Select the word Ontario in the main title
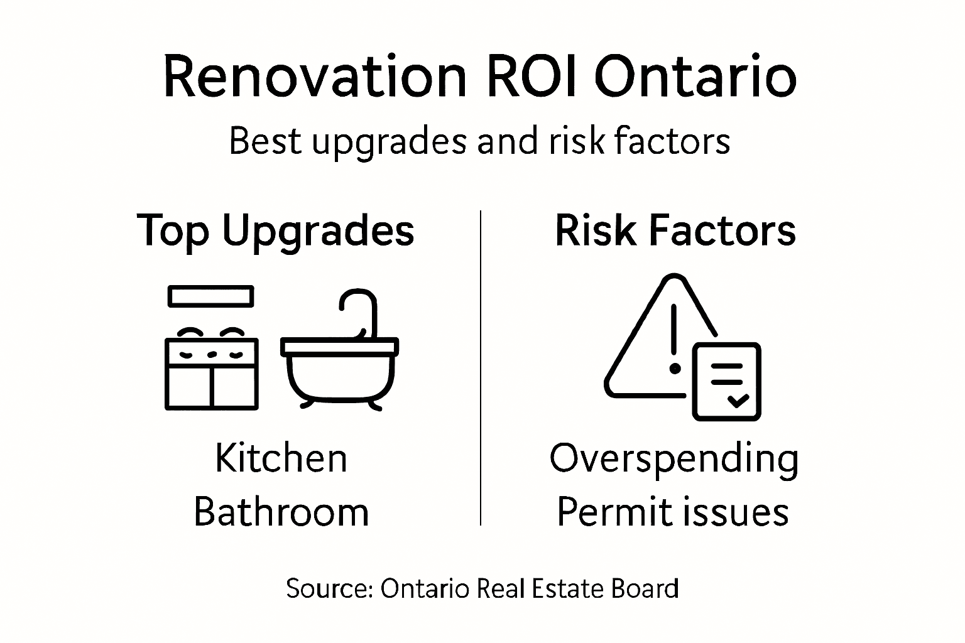(695, 77)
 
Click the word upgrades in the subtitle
(389, 142)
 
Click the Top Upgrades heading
(275, 231)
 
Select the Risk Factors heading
(675, 230)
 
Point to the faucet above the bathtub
(361, 308)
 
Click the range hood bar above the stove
(211, 296)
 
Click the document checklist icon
(727, 381)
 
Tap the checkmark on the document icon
(737, 400)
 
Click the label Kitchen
(281, 458)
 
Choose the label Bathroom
(281, 512)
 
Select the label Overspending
(674, 459)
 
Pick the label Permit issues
(672, 512)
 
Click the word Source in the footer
(329, 589)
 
